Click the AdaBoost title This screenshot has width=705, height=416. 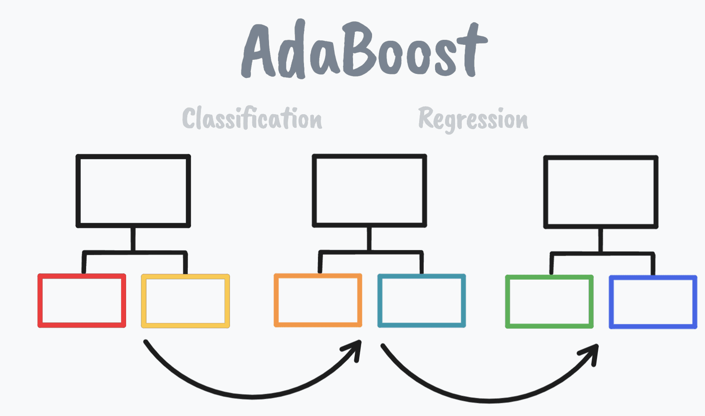click(x=364, y=50)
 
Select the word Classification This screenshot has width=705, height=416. click(x=252, y=119)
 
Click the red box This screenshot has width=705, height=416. click(x=82, y=300)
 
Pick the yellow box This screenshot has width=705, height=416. click(x=186, y=301)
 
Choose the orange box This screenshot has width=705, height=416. click(x=318, y=300)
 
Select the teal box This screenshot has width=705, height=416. click(x=422, y=300)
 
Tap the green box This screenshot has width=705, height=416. click(x=549, y=301)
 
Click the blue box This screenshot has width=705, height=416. click(x=653, y=302)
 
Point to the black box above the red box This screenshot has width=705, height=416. click(x=133, y=190)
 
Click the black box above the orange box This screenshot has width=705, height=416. click(x=369, y=190)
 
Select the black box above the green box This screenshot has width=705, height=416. click(x=601, y=192)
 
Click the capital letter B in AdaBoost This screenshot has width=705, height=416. click(x=358, y=49)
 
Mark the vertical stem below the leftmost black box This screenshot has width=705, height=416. click(x=133, y=238)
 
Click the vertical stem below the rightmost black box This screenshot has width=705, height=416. click(x=601, y=240)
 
